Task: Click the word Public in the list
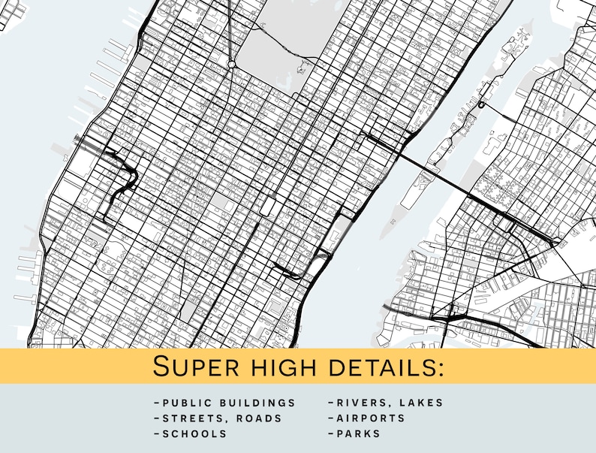186,403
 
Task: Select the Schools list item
194,434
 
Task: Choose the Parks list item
358,434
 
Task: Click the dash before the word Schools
155,434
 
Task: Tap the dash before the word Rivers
330,403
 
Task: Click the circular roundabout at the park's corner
233,65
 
